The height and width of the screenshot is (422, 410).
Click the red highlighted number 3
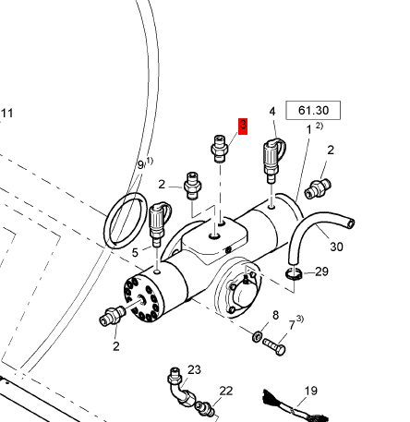click(243, 127)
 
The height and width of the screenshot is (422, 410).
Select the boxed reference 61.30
click(313, 110)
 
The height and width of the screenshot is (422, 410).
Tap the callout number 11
click(7, 114)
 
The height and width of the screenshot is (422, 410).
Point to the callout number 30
click(336, 247)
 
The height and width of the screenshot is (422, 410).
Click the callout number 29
click(322, 271)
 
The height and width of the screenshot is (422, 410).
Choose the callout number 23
click(194, 369)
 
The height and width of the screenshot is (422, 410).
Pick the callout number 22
click(226, 391)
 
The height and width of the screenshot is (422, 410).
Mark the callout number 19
click(310, 391)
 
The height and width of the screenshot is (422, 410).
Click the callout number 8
click(275, 315)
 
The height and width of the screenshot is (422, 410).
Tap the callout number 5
click(135, 253)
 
